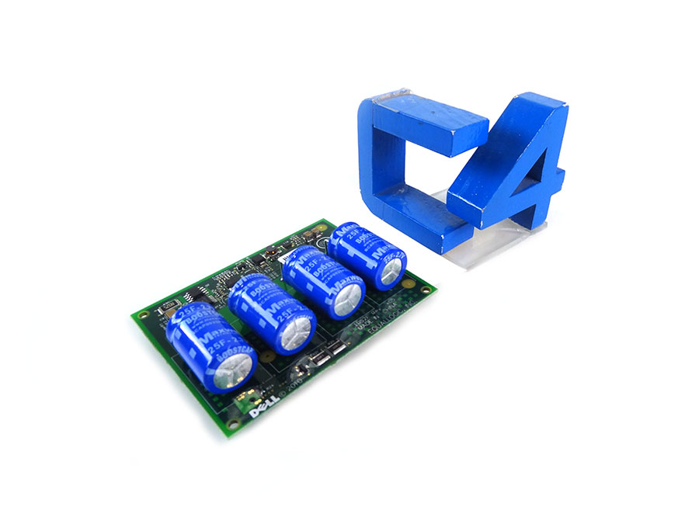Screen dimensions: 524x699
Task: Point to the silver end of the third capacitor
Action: point(347,300)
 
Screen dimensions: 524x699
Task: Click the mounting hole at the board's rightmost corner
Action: point(426,288)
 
